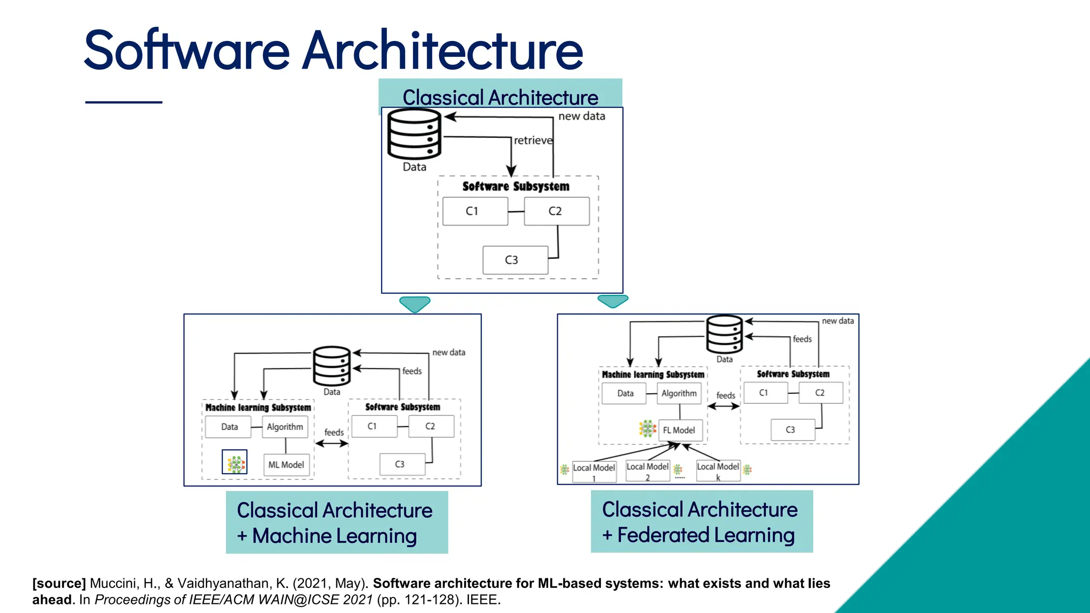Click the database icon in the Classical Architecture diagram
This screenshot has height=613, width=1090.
[x=414, y=134]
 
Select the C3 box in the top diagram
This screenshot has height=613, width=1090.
[x=515, y=260]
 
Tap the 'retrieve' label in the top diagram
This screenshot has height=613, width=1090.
[x=533, y=140]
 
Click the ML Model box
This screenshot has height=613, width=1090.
[x=286, y=465]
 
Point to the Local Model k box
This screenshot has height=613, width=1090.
[x=718, y=470]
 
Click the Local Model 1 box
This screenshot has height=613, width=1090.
[x=594, y=471]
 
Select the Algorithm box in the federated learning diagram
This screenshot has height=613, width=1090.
[x=679, y=393]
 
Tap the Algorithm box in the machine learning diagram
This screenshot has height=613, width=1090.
[x=285, y=427]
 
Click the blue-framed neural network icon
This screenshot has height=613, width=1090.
[x=235, y=462]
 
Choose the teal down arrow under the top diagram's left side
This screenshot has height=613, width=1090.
[x=415, y=304]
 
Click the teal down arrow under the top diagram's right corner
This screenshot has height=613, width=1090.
[x=613, y=301]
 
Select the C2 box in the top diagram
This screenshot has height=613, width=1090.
[x=556, y=211]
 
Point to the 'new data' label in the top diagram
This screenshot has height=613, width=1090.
[x=581, y=116]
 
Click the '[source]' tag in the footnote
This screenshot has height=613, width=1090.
[x=59, y=583]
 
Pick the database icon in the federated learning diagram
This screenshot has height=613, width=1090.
[x=724, y=334]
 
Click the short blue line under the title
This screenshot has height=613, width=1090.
[x=123, y=102]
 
